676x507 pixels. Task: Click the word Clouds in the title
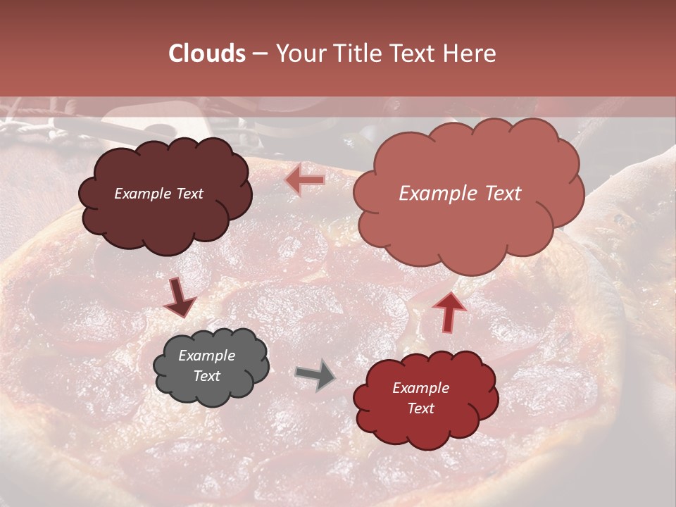pyautogui.click(x=207, y=54)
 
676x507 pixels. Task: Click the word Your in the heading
pyautogui.click(x=300, y=54)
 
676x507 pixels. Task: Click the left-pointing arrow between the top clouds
pyautogui.click(x=305, y=181)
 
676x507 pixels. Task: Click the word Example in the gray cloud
pyautogui.click(x=206, y=356)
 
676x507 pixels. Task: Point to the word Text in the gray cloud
pyautogui.click(x=206, y=376)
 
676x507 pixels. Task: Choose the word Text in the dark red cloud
pyautogui.click(x=420, y=408)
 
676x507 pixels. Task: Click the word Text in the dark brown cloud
pyautogui.click(x=188, y=194)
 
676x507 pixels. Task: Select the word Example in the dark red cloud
pyautogui.click(x=420, y=388)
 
